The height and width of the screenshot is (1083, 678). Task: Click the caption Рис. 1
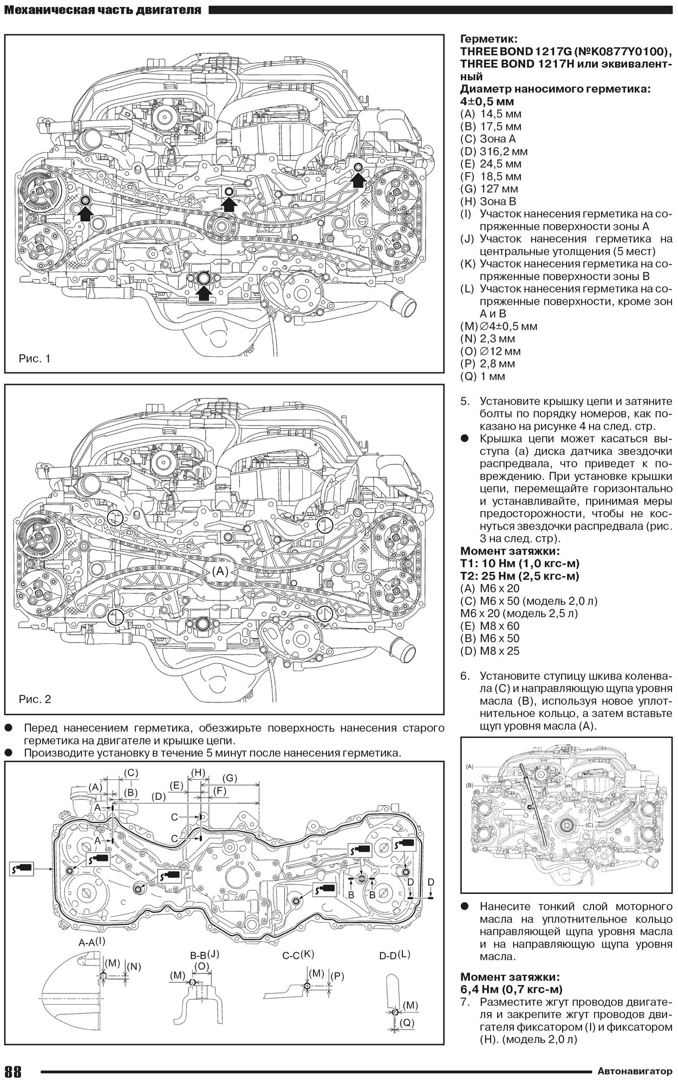[x=34, y=358]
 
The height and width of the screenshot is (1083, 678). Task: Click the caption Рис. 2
[x=34, y=699]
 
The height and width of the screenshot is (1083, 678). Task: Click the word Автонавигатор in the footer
[x=636, y=1071]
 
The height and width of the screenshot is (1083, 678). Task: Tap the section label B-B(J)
[x=204, y=955]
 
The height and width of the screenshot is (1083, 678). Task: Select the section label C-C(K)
[x=298, y=955]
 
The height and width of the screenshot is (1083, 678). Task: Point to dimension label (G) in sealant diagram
[x=230, y=778]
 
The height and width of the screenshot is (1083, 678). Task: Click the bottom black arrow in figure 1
[x=204, y=293]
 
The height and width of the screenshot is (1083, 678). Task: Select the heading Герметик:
[x=488, y=39]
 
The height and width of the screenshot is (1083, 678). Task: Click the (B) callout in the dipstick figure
[x=470, y=785]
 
